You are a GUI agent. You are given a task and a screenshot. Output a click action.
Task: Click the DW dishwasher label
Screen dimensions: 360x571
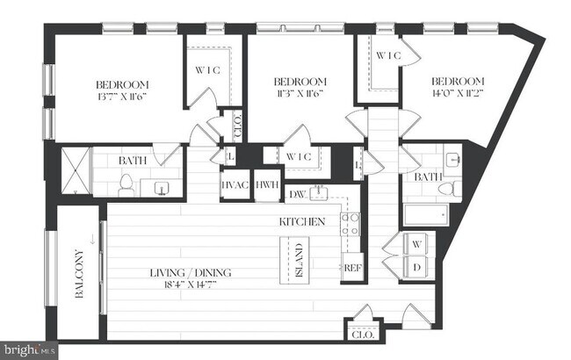pos(295,194)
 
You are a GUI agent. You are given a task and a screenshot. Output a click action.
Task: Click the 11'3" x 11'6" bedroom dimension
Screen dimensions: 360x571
pos(301,91)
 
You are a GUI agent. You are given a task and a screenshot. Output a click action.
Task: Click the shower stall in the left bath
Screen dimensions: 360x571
pos(74,172)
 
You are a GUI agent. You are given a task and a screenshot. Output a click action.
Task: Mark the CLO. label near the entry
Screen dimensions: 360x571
pos(361,334)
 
